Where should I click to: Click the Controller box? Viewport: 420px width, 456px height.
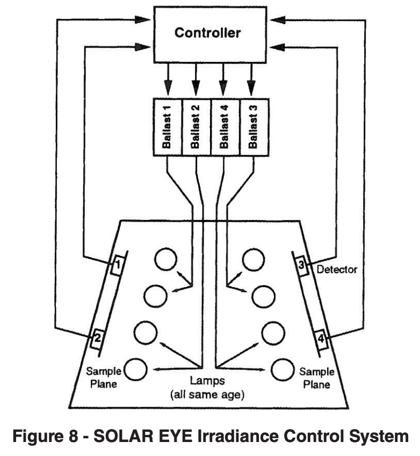point(208,33)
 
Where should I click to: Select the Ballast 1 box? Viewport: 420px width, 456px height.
point(168,127)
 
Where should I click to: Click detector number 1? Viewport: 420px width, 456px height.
point(117,266)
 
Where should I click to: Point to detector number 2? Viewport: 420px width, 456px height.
point(97,339)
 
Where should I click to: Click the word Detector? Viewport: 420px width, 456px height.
point(337,269)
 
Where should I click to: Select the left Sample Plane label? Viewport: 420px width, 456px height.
point(102,378)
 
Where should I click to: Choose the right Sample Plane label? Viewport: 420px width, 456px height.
point(314,378)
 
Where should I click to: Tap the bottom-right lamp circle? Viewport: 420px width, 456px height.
point(281,370)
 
